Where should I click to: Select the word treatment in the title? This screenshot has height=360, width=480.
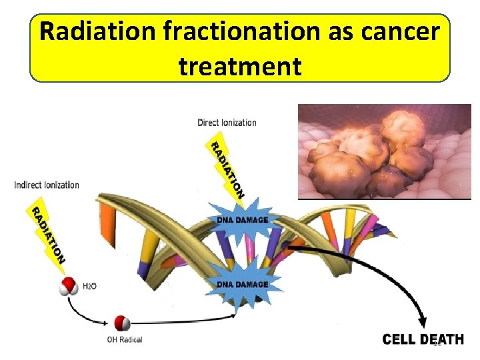[240, 66]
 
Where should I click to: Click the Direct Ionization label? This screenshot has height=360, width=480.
[227, 123]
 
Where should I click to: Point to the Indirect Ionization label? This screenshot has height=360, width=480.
[47, 185]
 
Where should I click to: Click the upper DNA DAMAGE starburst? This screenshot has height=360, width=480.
[241, 220]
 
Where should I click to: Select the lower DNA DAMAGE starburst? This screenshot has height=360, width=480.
[241, 285]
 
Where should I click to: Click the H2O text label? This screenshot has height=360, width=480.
[89, 286]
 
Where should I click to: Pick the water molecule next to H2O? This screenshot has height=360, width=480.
[68, 287]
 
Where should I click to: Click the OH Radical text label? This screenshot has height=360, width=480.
[125, 339]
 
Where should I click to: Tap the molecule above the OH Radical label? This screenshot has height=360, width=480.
[122, 323]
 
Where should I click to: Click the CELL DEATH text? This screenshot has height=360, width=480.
[423, 339]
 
